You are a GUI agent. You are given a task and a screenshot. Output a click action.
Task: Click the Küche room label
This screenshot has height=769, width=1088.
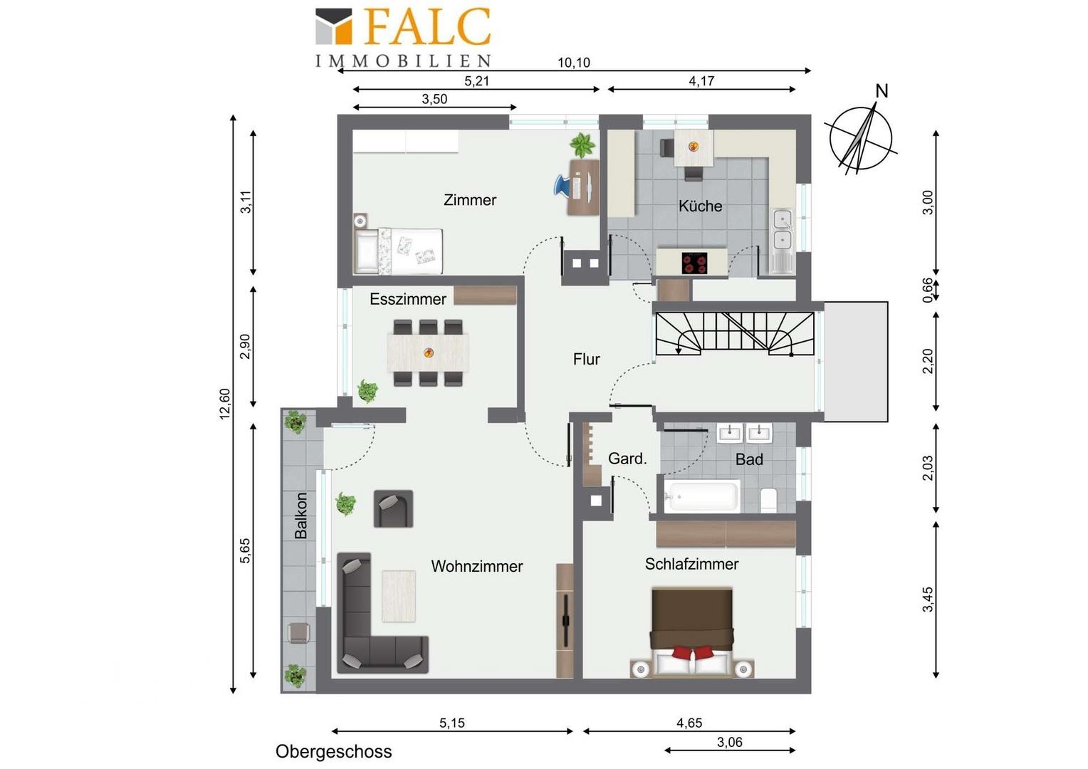700,206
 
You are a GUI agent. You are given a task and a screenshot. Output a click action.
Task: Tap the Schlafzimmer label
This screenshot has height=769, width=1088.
691,564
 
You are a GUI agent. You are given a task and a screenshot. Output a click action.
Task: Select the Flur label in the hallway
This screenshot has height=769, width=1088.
586,359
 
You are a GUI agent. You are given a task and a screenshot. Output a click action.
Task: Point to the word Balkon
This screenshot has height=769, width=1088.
300,516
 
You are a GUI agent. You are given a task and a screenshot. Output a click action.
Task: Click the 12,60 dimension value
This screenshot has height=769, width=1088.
224,404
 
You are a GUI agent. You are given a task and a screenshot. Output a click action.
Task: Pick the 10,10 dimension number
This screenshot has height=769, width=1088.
574,63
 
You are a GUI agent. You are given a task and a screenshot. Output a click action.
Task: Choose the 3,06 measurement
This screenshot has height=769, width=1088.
730,742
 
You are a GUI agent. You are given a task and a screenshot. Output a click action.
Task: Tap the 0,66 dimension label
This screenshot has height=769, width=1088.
927,290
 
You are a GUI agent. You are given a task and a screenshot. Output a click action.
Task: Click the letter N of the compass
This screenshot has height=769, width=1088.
882,91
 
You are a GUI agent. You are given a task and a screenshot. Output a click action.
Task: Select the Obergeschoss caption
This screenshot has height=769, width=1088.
333,751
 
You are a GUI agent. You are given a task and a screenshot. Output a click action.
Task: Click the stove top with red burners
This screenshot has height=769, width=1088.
694,263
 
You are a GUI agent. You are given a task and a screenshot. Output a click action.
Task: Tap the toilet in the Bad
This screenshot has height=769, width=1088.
768,500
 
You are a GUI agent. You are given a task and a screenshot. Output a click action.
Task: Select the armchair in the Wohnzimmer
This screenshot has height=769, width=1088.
394,508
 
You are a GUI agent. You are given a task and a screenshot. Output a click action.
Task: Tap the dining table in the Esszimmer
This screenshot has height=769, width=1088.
428,352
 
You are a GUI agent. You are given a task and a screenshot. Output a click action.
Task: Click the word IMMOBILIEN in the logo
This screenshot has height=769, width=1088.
403,61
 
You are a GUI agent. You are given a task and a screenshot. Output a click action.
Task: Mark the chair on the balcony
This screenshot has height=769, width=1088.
298,633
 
